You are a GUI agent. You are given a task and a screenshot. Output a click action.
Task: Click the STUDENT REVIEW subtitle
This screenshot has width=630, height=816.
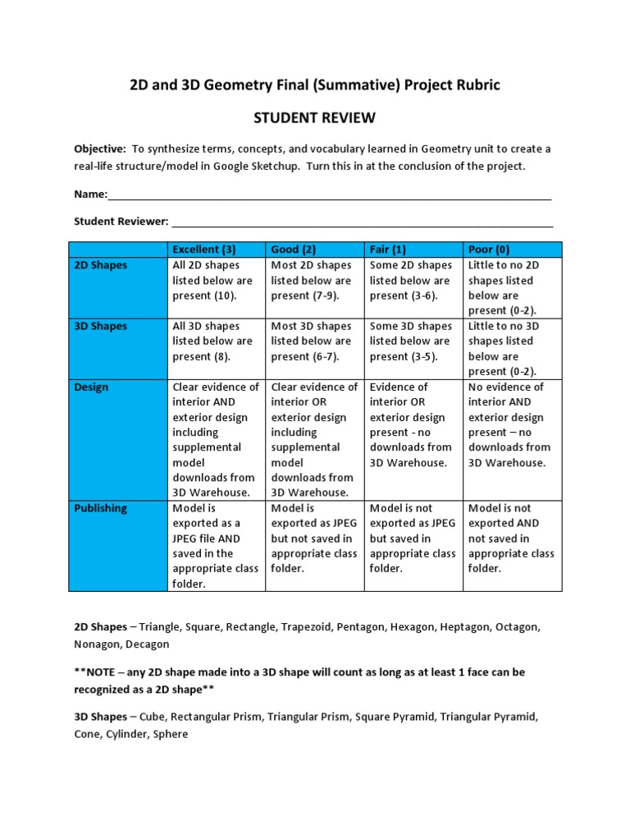315,118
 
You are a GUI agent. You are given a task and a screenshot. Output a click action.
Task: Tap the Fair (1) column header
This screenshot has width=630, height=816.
388,249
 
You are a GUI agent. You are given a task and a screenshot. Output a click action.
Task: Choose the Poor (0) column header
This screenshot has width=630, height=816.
489,249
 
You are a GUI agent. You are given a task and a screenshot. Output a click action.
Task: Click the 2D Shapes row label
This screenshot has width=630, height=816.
101,265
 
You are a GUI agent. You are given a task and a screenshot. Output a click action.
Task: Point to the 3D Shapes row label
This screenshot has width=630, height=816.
101,326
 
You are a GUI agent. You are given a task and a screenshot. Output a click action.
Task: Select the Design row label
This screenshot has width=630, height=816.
91,387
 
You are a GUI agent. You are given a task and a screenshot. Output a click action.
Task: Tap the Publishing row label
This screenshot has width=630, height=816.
100,508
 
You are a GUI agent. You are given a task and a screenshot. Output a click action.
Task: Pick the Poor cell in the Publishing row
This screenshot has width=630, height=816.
511,538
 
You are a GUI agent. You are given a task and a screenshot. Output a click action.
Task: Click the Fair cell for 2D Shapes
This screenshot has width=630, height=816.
410,280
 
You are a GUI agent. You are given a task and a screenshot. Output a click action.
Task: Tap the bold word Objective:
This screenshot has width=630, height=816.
99,149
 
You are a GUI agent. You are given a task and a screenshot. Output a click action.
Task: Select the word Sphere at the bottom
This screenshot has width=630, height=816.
171,734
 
